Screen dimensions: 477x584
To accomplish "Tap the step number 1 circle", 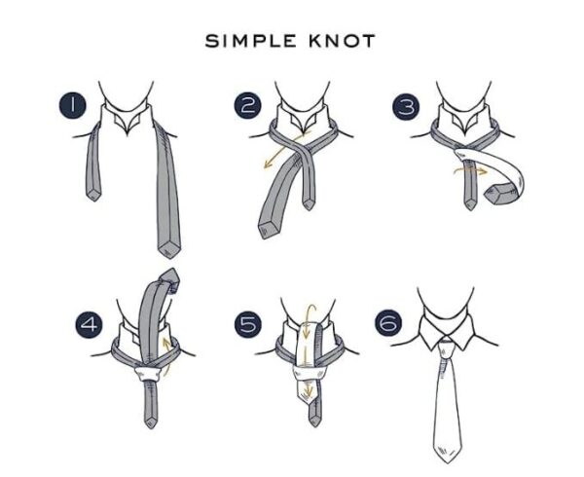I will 72,104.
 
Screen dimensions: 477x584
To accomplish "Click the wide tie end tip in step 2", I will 266,233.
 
